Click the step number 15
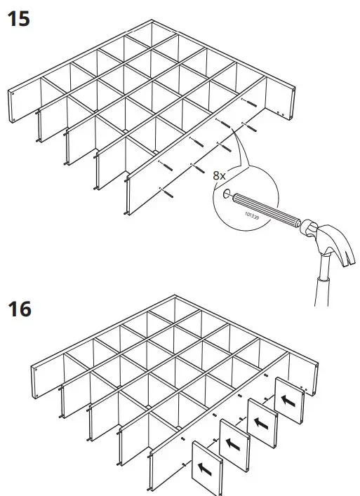pyautogui.click(x=19, y=18)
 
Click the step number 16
pyautogui.click(x=19, y=308)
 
